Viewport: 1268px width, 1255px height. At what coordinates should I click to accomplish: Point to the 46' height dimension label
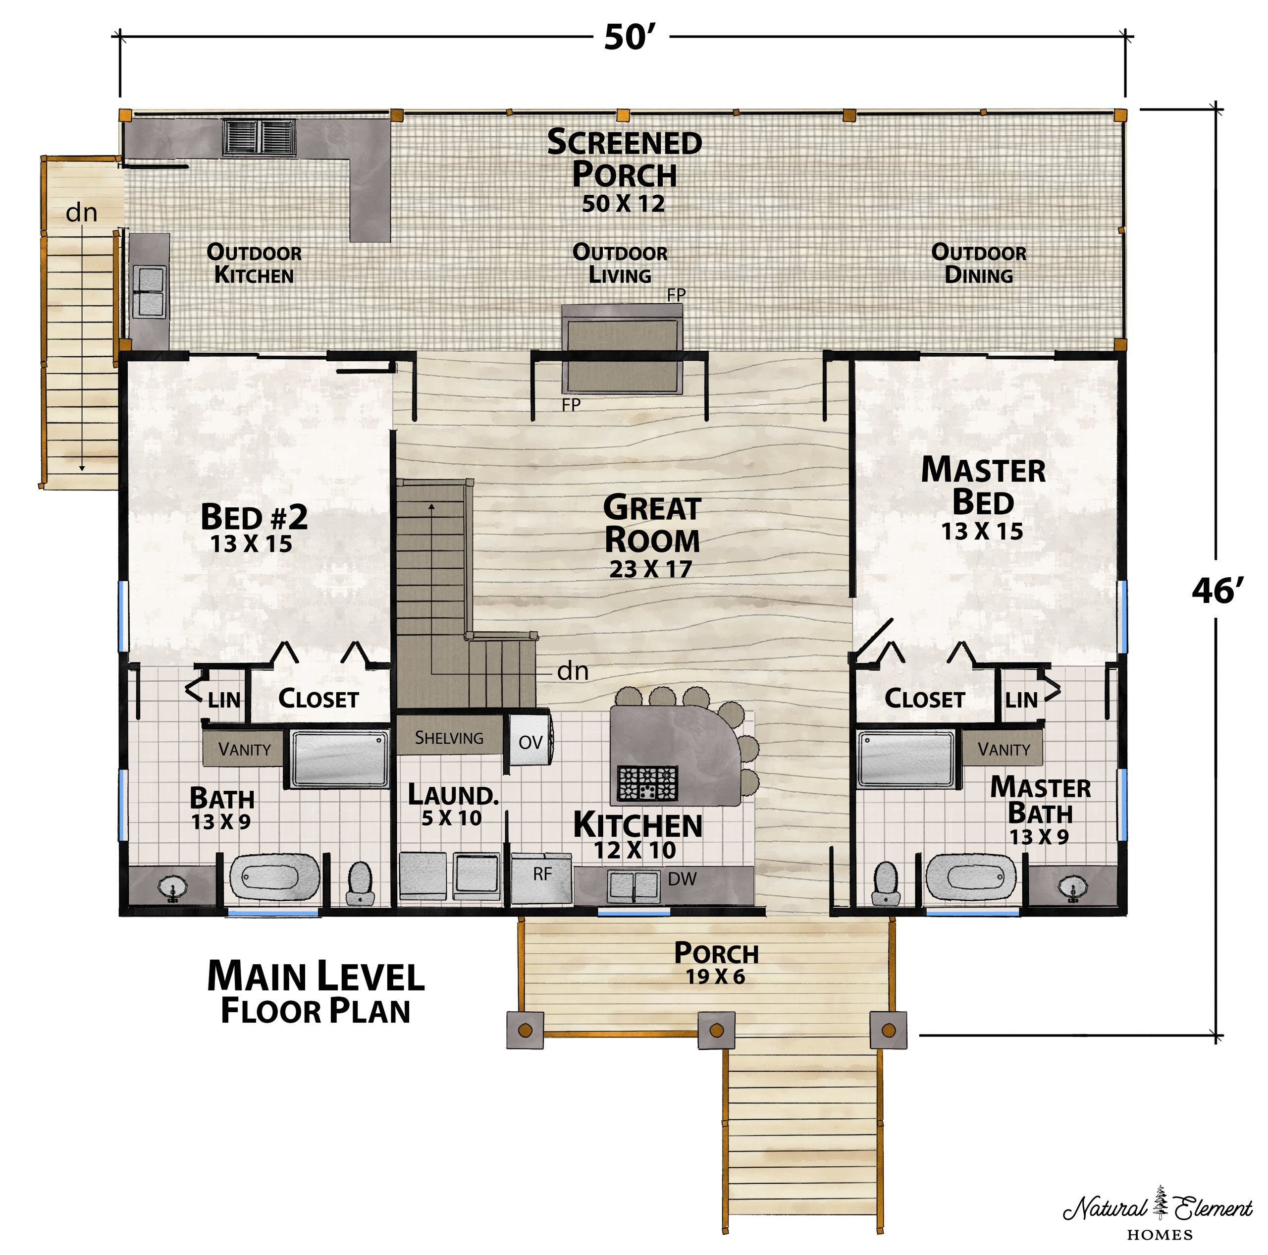pos(1217,591)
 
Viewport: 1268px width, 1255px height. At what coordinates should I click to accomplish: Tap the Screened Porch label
pos(624,158)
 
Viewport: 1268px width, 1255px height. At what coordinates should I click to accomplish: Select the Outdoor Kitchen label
pos(254,263)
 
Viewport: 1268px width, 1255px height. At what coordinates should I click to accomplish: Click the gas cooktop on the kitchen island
pos(648,782)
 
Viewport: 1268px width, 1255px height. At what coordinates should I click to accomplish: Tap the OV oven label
pos(530,742)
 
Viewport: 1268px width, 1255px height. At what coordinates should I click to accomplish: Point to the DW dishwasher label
pos(682,879)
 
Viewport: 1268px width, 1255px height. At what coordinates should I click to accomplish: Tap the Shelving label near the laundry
pos(449,738)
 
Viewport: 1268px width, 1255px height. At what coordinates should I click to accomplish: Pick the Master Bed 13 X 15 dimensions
pos(982,531)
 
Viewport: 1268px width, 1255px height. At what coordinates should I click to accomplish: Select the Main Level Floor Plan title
pos(316,992)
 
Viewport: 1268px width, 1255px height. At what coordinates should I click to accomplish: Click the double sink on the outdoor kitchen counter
pos(150,291)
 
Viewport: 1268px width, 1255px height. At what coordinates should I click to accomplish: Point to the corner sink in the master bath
pos(1072,888)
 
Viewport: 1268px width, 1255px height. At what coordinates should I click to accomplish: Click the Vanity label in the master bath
pos(1004,749)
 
